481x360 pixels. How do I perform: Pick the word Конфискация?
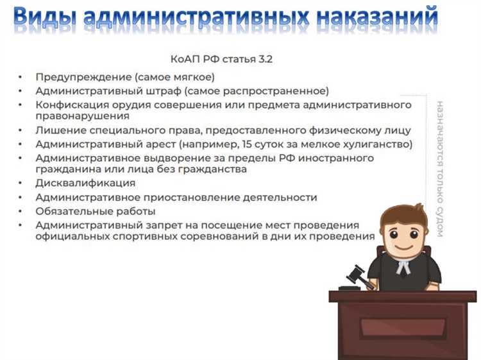75,104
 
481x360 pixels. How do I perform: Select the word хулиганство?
378,144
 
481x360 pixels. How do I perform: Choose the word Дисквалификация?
85,184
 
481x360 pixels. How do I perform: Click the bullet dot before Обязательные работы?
21,211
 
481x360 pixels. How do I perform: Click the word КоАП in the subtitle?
188,59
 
